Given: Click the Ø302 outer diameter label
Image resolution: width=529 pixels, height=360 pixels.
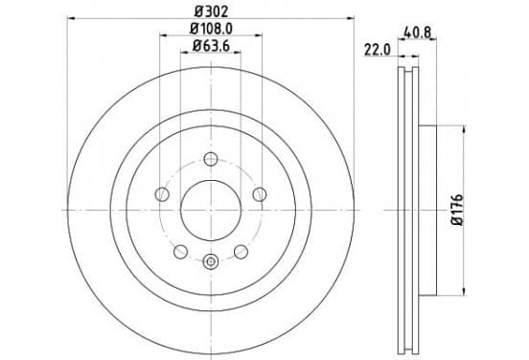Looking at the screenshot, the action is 211,12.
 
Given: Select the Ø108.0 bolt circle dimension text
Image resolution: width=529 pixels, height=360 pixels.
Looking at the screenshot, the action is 211,29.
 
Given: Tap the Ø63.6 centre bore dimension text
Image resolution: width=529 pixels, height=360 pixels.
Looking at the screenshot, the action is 211,46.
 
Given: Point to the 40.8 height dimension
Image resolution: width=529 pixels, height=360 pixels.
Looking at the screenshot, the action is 417,33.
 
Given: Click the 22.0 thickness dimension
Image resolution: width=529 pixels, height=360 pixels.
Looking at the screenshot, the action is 378,51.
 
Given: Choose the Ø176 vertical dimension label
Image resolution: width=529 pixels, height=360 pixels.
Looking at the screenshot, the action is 458,210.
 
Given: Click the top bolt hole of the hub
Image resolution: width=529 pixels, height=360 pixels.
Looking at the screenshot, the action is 211,159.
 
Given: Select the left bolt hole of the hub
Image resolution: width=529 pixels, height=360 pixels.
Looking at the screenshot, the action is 162,194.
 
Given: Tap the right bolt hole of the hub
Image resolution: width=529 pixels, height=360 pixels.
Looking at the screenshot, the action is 260,194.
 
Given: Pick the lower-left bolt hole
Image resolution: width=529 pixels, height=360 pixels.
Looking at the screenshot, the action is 180,252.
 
